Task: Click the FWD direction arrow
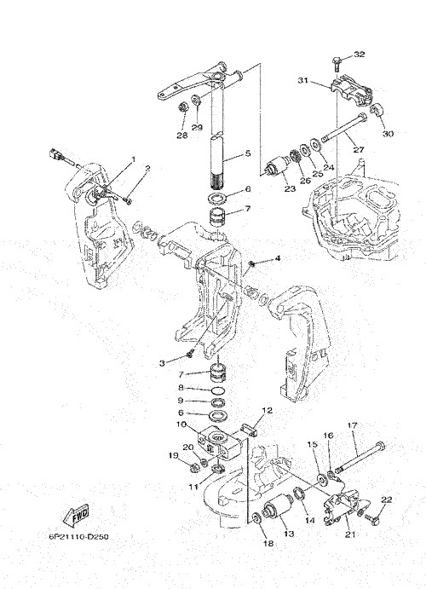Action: pos(76,516)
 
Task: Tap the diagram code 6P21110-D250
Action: pos(78,537)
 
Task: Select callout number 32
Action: pos(360,54)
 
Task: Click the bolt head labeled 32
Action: pos(337,60)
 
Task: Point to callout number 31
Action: pos(303,80)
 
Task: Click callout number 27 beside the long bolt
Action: pos(359,149)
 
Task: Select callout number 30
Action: pos(389,133)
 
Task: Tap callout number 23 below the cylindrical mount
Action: pos(290,188)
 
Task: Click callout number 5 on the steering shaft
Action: pos(247,153)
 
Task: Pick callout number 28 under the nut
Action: pos(182,136)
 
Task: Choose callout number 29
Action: pos(197,127)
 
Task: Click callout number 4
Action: pos(278,258)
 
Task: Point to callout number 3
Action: pos(162,363)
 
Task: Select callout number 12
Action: pos(268,411)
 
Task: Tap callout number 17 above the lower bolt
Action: pos(352,425)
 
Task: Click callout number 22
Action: pos(387,499)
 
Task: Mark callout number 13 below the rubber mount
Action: pos(289,534)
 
